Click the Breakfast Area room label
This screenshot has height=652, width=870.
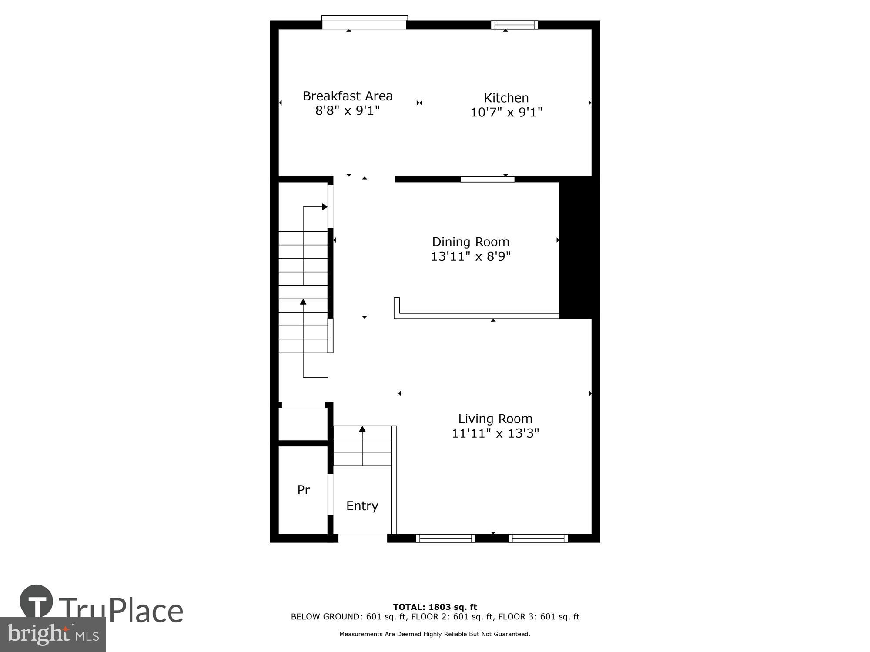coord(347,96)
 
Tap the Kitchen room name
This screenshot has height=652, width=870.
coord(506,98)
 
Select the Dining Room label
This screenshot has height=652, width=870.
coord(470,242)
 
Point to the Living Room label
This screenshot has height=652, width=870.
coord(495,419)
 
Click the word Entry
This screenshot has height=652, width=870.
coord(362,506)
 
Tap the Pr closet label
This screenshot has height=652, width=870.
coord(303,490)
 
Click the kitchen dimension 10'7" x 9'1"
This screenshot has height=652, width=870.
coord(506,113)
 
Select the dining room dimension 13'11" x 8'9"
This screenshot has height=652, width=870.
coord(470,256)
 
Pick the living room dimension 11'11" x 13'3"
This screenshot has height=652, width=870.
coord(495,433)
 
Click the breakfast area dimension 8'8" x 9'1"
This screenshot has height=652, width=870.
coord(347,111)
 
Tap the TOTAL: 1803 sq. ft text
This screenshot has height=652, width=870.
coord(435,607)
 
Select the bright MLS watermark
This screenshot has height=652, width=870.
coord(53,635)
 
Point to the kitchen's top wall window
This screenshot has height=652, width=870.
coord(514,25)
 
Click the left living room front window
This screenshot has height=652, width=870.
coord(445,538)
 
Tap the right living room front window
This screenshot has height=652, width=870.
coord(538,538)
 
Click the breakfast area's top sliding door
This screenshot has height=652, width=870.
coord(364,23)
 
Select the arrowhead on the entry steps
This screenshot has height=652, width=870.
coord(362,429)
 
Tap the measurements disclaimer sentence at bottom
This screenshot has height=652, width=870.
coord(435,634)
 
